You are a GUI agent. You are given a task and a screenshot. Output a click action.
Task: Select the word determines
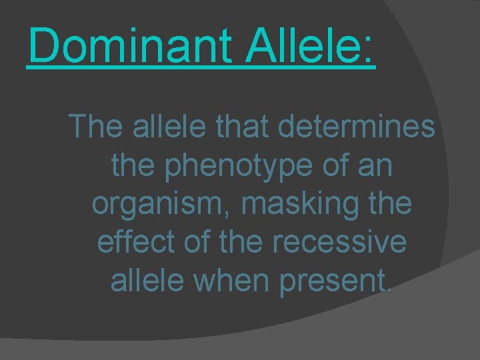353,126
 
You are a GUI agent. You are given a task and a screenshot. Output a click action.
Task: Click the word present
341,282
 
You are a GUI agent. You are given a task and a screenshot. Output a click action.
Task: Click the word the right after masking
390,203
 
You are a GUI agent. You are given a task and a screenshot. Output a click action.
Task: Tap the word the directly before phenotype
131,166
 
